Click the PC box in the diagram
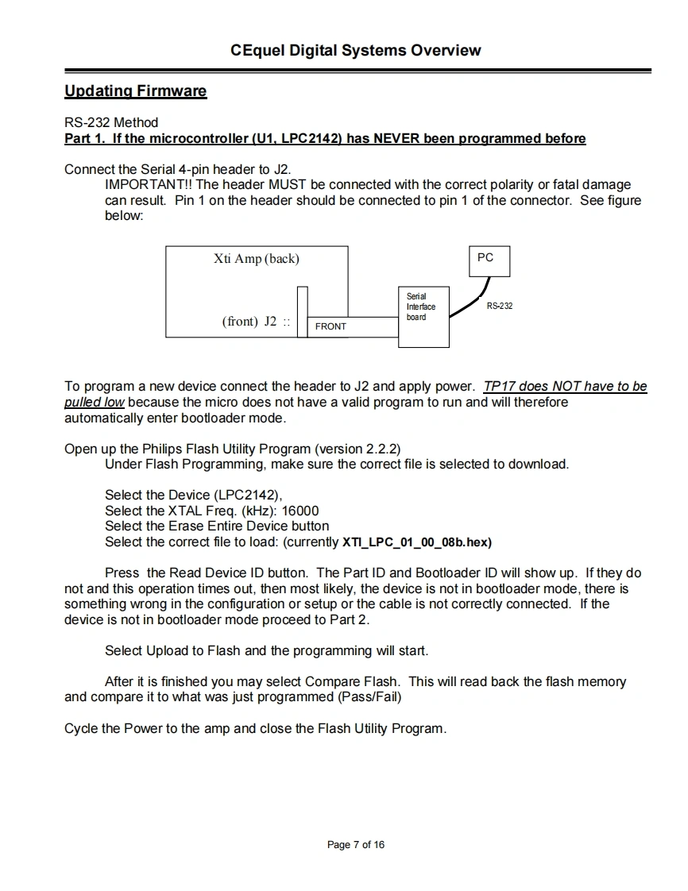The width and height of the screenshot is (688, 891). pyautogui.click(x=485, y=260)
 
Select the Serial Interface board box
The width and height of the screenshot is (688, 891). pyautogui.click(x=423, y=316)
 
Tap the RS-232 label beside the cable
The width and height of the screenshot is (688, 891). pyautogui.click(x=500, y=306)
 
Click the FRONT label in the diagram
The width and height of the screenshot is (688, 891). pyautogui.click(x=330, y=326)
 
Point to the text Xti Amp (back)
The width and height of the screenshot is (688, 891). pyautogui.click(x=257, y=259)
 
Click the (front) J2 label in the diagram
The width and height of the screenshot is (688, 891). pyautogui.click(x=249, y=322)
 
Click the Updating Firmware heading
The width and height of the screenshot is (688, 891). pyautogui.click(x=135, y=91)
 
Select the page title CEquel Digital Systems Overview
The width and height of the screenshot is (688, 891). pyautogui.click(x=355, y=51)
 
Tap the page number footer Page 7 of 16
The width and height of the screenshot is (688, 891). pyautogui.click(x=355, y=844)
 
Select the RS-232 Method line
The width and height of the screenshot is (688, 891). pyautogui.click(x=111, y=122)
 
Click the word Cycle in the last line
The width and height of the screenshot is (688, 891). pyautogui.click(x=82, y=728)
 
